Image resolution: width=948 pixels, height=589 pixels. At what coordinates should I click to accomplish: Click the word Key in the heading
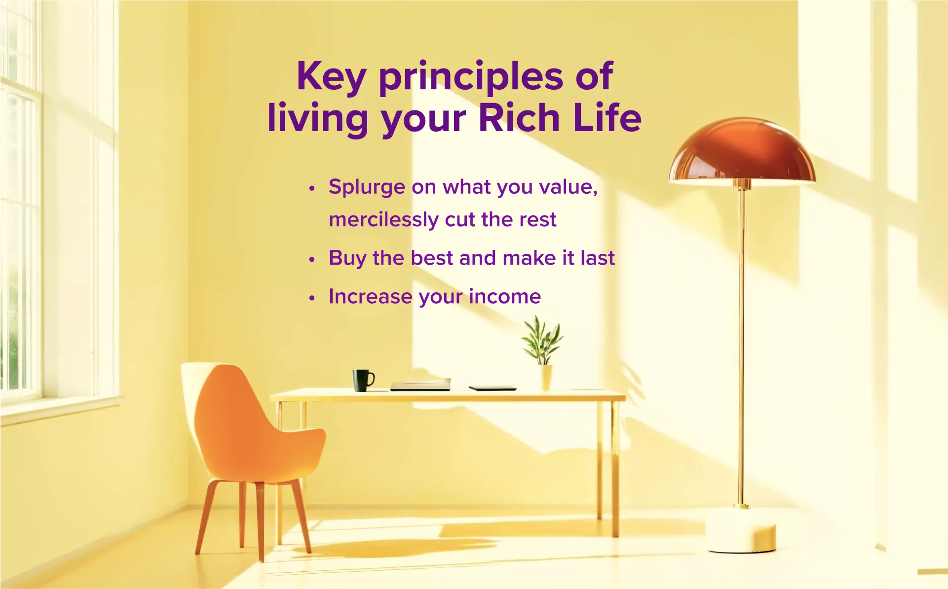331,77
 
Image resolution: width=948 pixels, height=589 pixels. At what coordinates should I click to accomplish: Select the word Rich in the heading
518,118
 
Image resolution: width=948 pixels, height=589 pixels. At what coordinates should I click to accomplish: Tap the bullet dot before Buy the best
311,259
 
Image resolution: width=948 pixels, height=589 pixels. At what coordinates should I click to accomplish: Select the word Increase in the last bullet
370,297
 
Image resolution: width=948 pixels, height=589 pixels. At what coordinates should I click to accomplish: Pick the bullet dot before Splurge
311,188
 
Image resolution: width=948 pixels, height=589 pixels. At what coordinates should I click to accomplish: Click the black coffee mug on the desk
362,380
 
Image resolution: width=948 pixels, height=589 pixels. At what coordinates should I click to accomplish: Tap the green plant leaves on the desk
542,340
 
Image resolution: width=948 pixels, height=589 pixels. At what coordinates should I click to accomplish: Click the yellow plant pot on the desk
546,377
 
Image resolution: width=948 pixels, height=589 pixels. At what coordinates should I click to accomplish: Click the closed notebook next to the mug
420,384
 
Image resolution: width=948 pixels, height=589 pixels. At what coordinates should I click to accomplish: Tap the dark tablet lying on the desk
492,388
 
